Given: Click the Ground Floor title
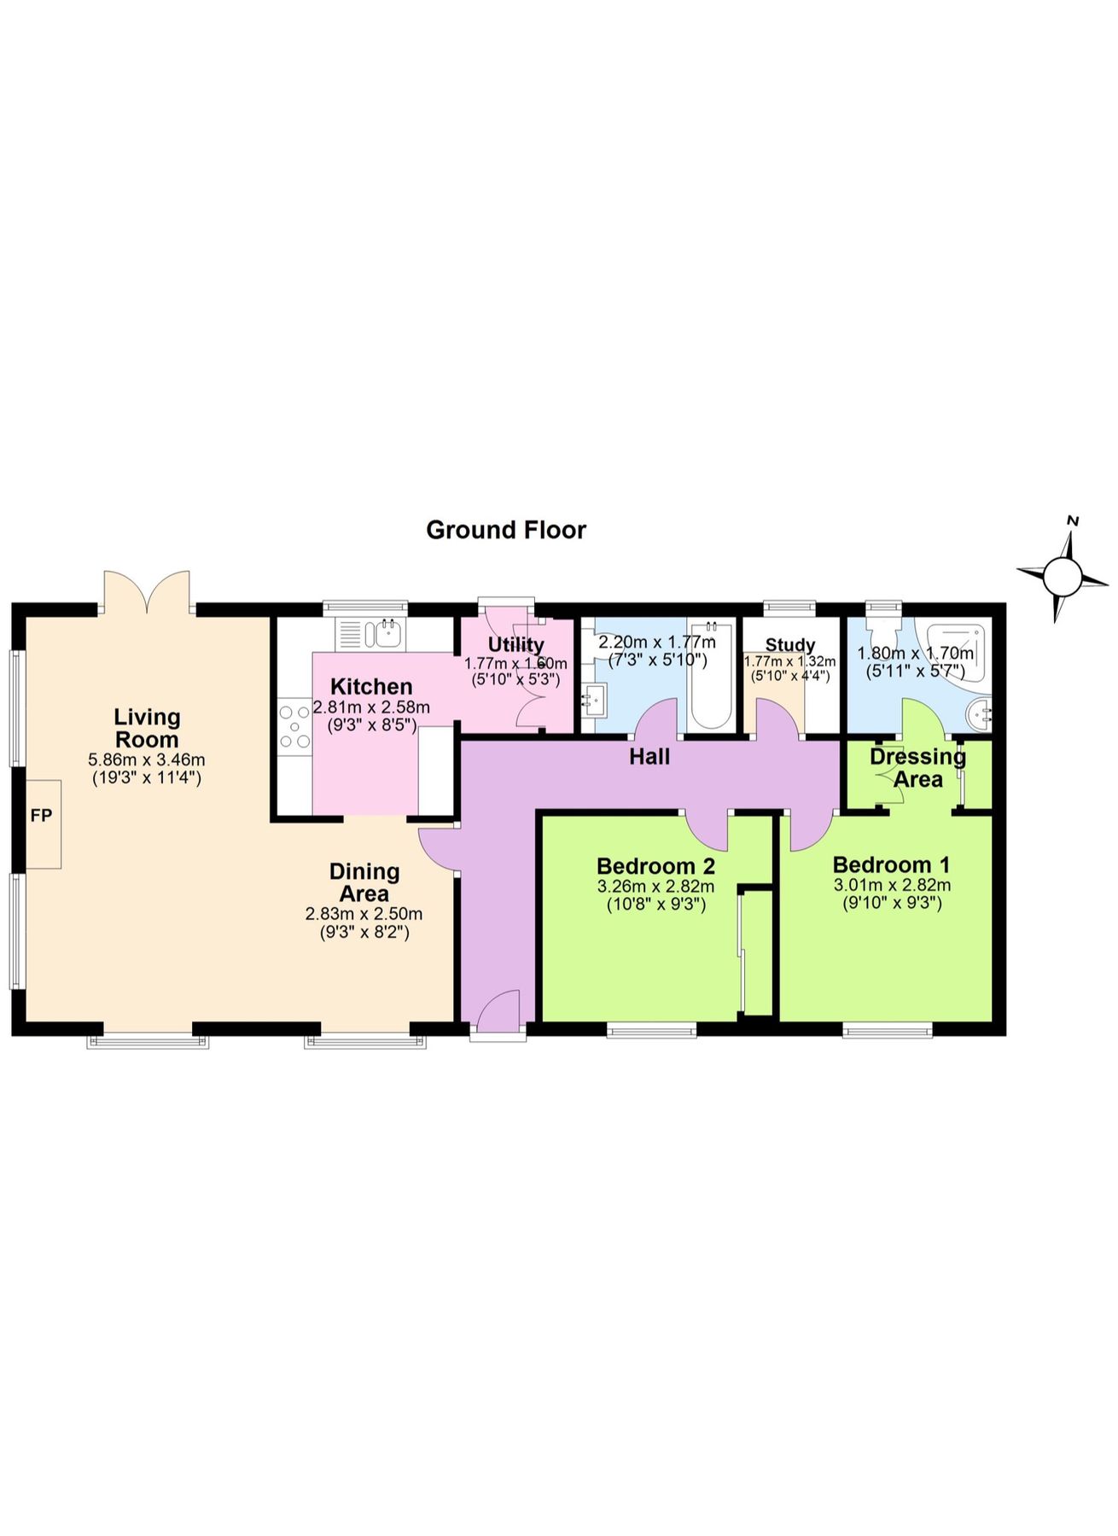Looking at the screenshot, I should (x=506, y=530).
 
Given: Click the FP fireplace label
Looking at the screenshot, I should (x=41, y=816).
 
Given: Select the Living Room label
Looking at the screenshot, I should (x=147, y=728).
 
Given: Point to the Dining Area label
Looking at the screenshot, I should (x=364, y=882).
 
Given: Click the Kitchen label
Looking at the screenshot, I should (x=371, y=686).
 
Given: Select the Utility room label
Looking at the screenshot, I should (x=515, y=644).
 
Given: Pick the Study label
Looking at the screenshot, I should (x=790, y=645).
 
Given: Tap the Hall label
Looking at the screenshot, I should (x=649, y=756).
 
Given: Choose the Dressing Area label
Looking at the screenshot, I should (x=917, y=768).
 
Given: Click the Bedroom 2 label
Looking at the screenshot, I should (x=655, y=866).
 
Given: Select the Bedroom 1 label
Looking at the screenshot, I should (x=891, y=864).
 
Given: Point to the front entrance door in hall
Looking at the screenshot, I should (x=498, y=1013).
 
